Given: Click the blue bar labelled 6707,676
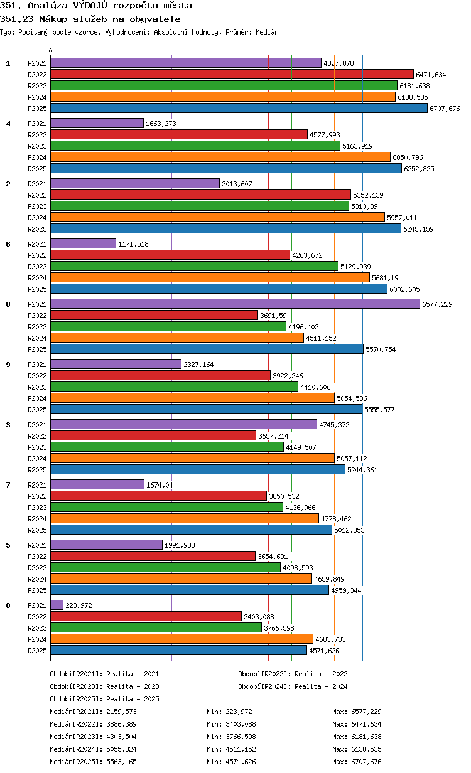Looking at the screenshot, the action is coord(239,109).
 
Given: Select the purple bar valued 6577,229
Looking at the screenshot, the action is coord(235,304).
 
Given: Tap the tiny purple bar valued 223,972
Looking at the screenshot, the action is coord(57,605).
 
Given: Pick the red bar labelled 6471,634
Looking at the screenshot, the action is coord(232,74).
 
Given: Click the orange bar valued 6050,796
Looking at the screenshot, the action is coord(220,157).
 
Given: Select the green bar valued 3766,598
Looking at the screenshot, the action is coord(156,627).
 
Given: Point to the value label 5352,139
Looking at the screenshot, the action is coord(368,195).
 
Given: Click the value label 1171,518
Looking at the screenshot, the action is coord(133,244).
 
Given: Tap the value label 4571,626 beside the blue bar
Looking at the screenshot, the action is coord(324,651).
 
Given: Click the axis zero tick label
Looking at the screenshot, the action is coord(50,51).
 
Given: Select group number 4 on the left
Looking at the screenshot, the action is coord(8,124).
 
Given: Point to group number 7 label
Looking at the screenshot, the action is coord(8,485).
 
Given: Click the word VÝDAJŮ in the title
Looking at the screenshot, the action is coord(90,5).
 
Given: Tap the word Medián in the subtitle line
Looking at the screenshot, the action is coord(267,32).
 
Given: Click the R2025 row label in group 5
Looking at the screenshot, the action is coord(37,590).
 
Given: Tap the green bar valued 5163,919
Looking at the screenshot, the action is coord(195,146).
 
